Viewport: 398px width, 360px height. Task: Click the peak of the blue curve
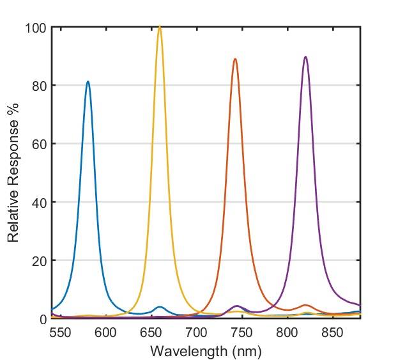(x=88, y=82)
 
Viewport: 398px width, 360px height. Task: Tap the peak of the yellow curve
(x=160, y=27)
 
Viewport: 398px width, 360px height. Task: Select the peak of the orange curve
(x=235, y=59)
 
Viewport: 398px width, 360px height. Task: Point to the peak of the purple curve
(x=305, y=57)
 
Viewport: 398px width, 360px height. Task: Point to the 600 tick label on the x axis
(x=106, y=333)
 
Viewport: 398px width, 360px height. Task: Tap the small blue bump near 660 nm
(x=160, y=308)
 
